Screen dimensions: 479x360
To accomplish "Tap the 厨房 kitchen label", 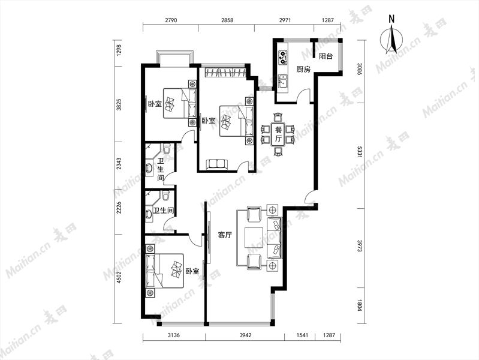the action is tap(303, 70).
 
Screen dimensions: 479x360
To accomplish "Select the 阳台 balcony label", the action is tap(326, 56).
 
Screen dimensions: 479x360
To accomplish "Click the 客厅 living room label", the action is tap(225, 235).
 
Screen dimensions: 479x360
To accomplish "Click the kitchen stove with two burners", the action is tap(283, 56).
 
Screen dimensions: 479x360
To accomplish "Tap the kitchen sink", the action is tap(283, 82).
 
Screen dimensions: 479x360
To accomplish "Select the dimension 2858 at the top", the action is tap(227, 20).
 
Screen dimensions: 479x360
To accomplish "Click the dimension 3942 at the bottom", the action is tap(245, 335).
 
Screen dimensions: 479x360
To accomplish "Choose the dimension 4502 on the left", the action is tap(119, 278).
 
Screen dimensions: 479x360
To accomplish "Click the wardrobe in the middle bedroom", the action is tap(225, 73).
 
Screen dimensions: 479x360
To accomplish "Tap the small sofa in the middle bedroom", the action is tap(217, 164).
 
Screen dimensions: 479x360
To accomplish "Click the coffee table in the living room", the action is tap(253, 238).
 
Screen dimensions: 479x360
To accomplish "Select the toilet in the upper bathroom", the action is tap(167, 149).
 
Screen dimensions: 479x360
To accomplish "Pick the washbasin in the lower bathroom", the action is tap(149, 214).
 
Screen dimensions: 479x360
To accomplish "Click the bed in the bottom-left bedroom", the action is tap(165, 271).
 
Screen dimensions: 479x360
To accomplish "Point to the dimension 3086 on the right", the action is tap(360, 69).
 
